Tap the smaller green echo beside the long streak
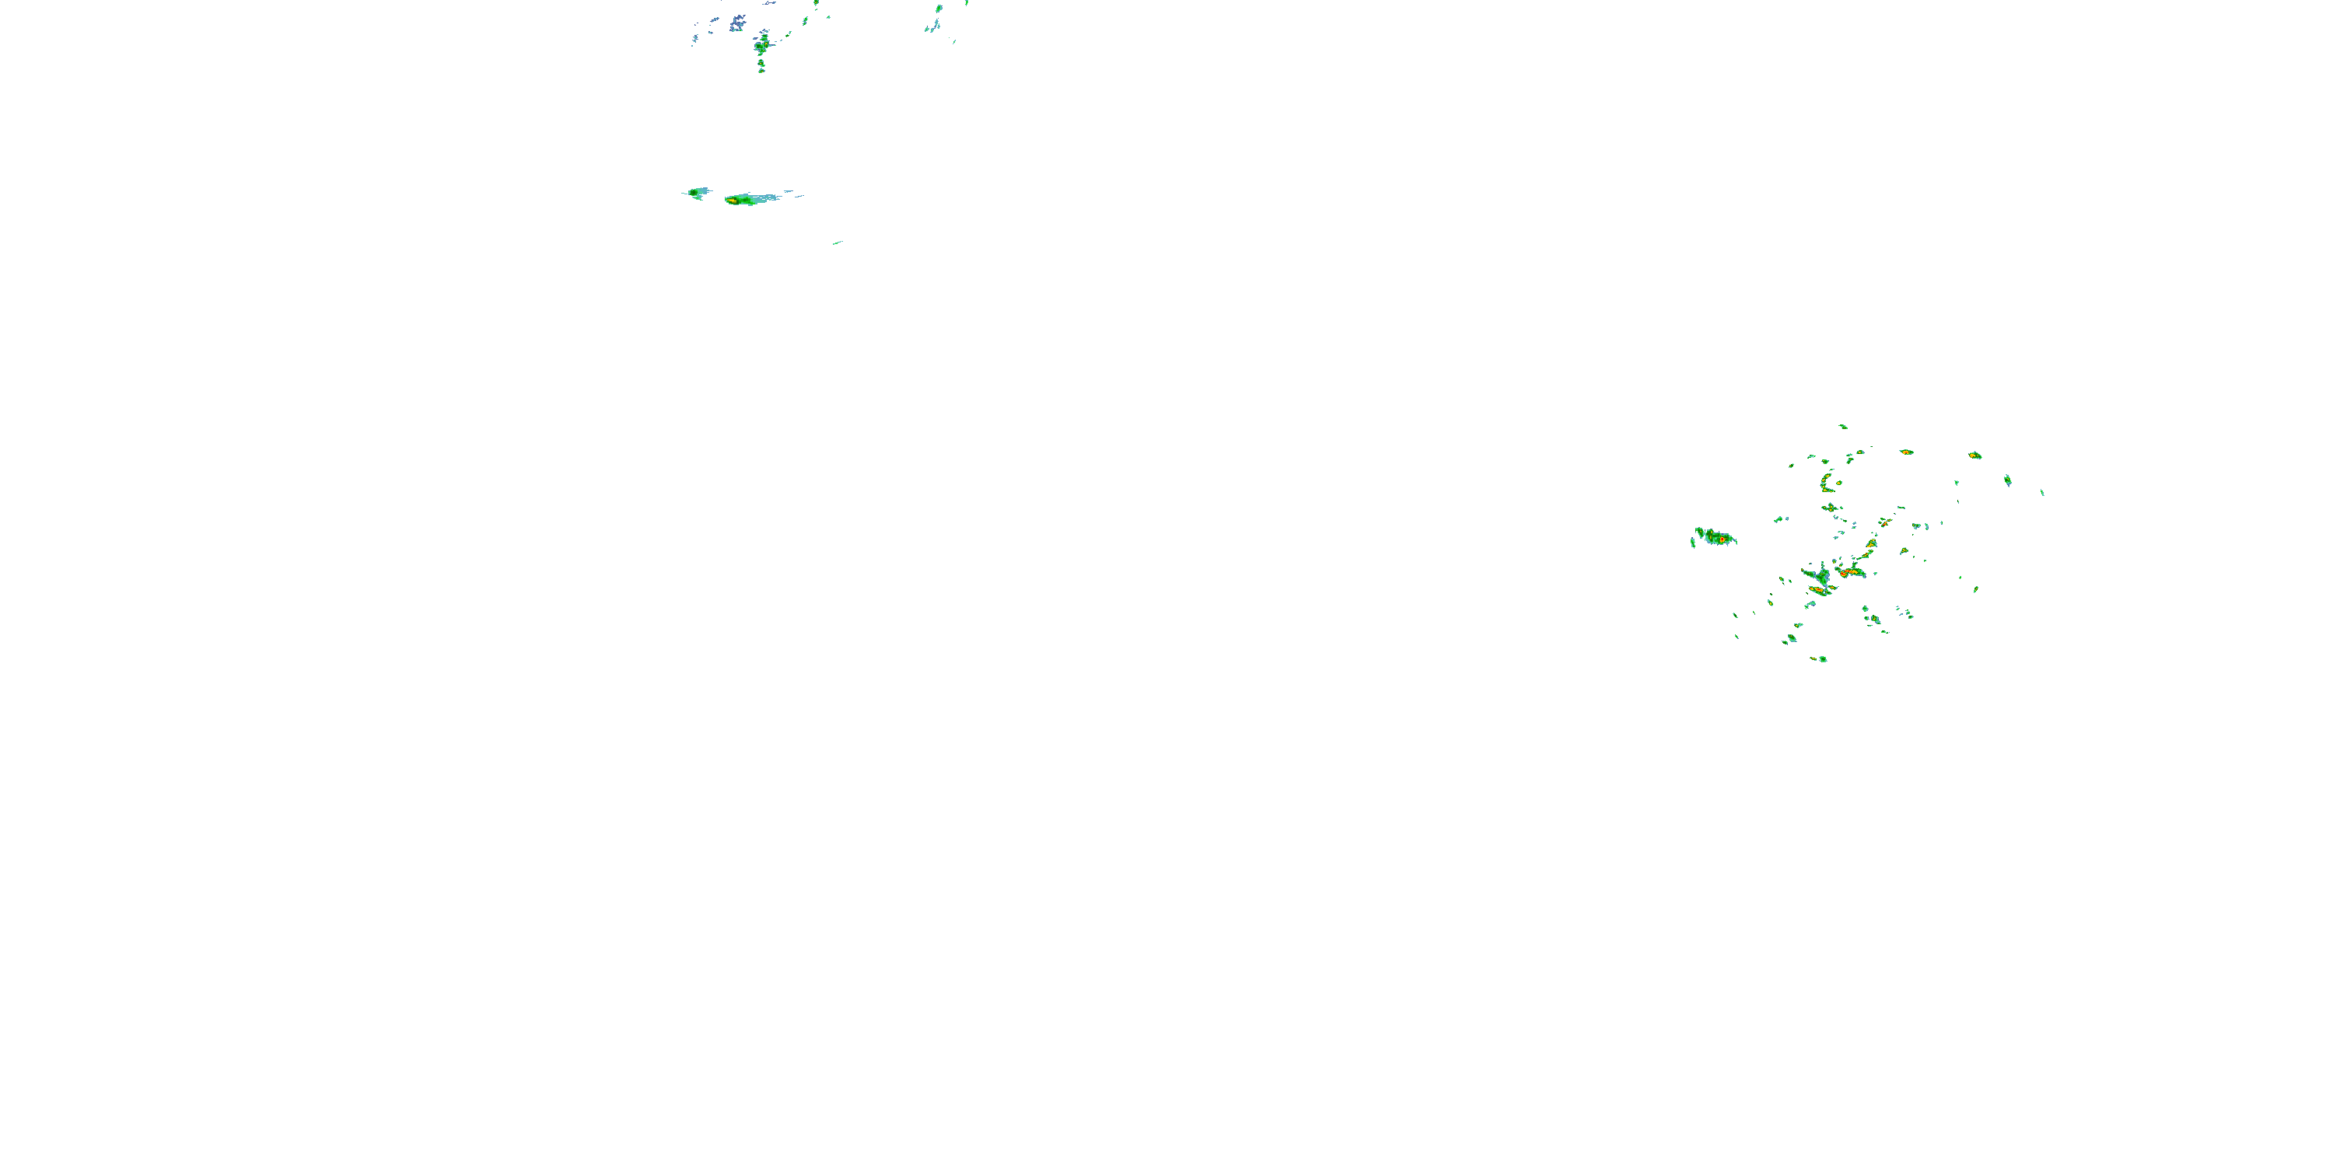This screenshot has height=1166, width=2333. pos(698,192)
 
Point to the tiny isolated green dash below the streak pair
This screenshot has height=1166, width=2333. pos(838,242)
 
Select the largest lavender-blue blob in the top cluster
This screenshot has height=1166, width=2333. pos(737,21)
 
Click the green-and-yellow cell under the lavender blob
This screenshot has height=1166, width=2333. pos(763,43)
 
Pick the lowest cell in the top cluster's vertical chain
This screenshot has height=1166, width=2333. pos(761,67)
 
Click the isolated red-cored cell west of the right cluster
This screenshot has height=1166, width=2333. pos(1716,538)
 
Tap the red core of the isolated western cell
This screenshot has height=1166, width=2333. pos(1723,540)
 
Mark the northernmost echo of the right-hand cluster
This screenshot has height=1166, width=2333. pos(1843,427)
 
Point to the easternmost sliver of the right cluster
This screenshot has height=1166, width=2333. pos(2042,493)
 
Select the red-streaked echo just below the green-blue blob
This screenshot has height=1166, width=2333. pos(1819,590)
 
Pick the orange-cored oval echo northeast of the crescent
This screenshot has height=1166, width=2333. pos(1906,452)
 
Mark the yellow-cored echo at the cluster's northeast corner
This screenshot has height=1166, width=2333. pos(1975,456)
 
